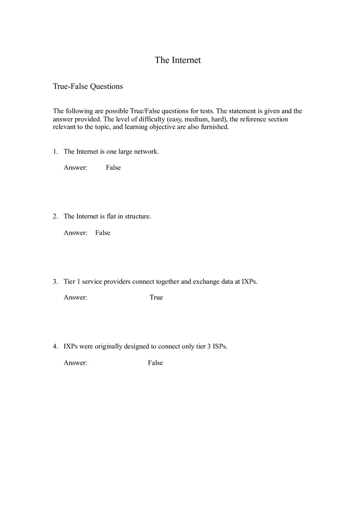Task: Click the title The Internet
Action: pos(178,60)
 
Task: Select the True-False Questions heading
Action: pos(88,86)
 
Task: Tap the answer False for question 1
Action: pos(113,168)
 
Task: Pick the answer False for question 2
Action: pos(103,233)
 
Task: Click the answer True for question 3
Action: pos(156,297)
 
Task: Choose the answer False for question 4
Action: pos(155,363)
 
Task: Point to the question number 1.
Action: pos(55,152)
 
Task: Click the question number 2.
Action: pos(55,216)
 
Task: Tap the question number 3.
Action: pos(55,281)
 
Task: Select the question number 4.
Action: pos(55,346)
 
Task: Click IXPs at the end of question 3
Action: pos(249,281)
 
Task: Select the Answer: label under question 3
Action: pos(75,297)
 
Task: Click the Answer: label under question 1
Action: pos(75,168)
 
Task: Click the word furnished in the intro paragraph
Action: pos(215,127)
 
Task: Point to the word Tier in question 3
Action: pos(70,281)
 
